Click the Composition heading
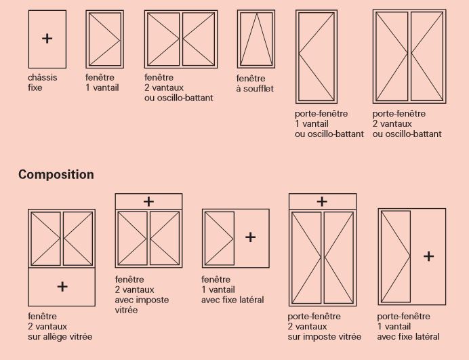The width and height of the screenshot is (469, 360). pos(56,175)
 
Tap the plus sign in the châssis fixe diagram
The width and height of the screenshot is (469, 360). pos(47,39)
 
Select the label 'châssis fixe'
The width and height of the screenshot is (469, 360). pos(43,83)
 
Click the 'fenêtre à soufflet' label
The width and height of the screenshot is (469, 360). pos(255,83)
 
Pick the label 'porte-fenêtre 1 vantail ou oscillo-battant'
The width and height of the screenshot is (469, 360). pos(329,123)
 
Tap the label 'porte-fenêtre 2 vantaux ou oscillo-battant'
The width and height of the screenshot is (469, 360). pos(407,123)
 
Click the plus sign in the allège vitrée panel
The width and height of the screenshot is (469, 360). pos(62,287)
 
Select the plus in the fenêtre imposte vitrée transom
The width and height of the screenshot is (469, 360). pos(148,201)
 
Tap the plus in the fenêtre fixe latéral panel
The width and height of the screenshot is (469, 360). pos(250,237)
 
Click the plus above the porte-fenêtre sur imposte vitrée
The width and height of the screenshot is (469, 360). pos(322,201)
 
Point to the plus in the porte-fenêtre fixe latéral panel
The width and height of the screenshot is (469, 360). pos(428,256)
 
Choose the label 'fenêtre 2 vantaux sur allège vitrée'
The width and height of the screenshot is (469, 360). pos(60,327)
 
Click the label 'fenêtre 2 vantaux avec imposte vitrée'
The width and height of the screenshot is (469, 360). pos(142,295)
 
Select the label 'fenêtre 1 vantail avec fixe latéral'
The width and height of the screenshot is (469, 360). pos(232,289)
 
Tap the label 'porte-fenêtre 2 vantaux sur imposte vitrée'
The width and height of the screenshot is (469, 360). pos(324,327)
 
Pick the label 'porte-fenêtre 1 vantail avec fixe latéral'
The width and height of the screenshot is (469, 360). pos(408,327)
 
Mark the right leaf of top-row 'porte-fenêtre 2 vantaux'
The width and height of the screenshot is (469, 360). pos(443,56)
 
